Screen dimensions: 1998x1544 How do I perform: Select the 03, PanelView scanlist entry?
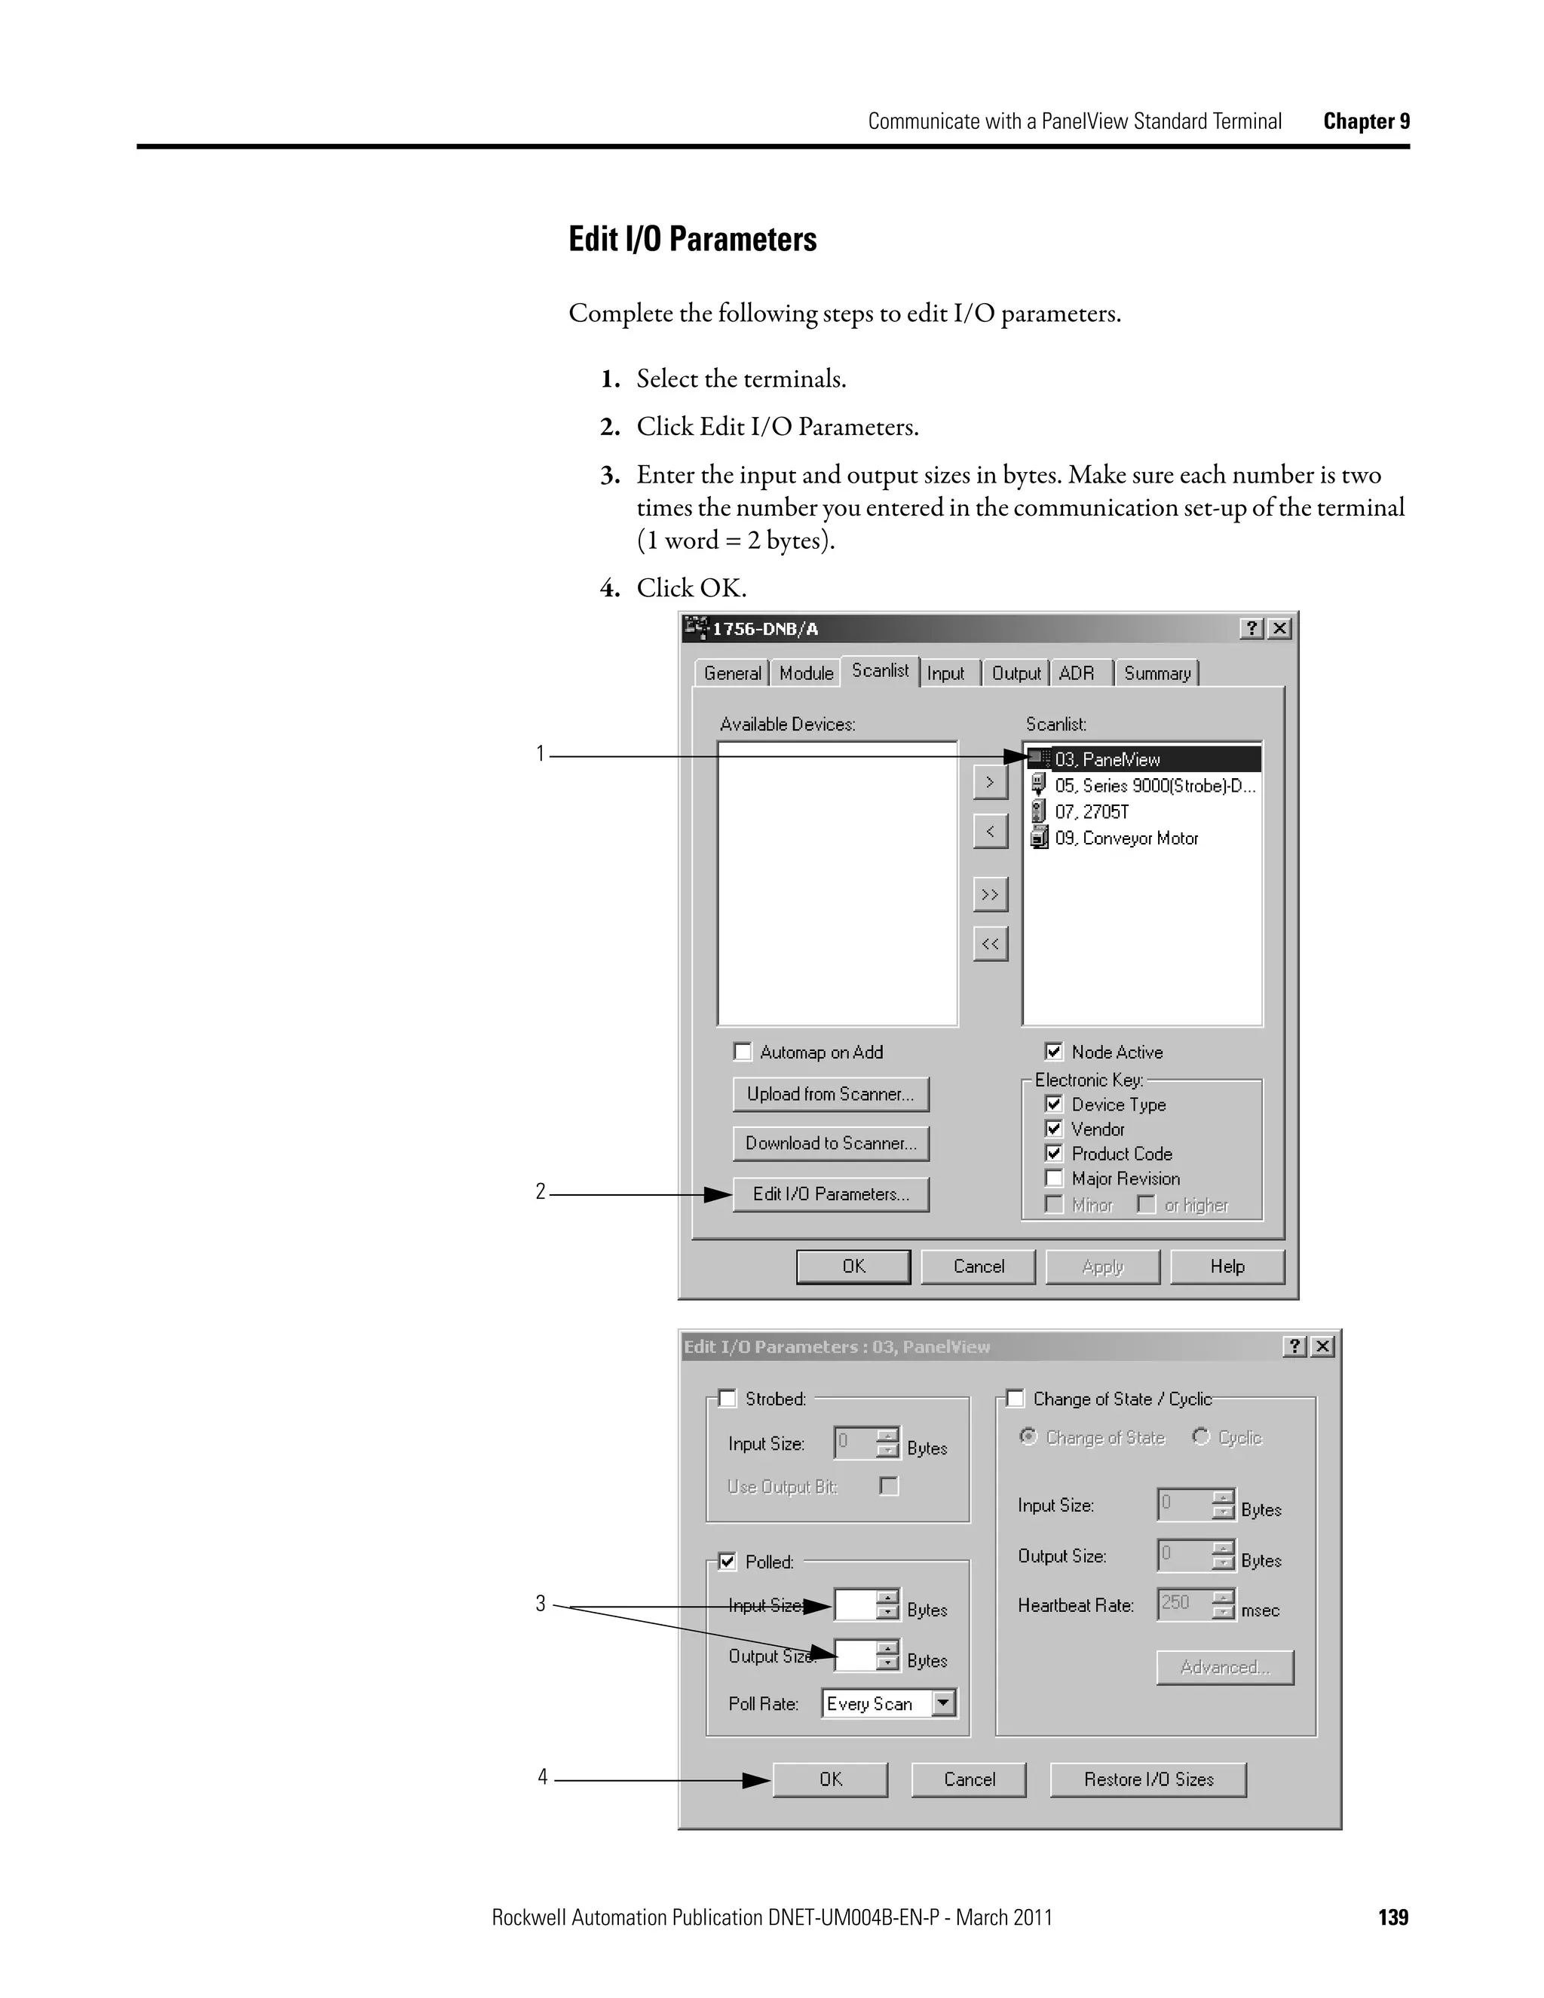coord(1144,759)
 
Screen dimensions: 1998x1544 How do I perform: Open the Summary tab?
coord(1157,673)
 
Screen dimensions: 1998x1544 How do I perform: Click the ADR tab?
coord(1077,673)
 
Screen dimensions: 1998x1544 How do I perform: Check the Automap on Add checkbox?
coord(743,1051)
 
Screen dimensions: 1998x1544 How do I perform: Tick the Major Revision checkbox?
coord(1054,1178)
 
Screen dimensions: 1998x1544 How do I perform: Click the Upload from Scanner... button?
coord(831,1094)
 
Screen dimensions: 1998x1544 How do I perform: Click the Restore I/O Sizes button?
coord(1148,1779)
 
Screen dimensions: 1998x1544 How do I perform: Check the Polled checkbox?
coord(728,1561)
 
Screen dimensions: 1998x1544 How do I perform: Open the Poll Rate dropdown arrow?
coord(943,1702)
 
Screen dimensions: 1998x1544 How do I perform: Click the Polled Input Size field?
coord(855,1605)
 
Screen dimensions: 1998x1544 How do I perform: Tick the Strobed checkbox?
coord(728,1398)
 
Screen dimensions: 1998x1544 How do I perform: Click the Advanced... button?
coord(1225,1667)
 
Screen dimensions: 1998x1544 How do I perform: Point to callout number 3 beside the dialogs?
coord(541,1604)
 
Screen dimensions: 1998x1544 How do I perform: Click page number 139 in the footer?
coord(1393,1917)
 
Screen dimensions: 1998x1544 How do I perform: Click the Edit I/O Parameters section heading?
coord(692,240)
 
